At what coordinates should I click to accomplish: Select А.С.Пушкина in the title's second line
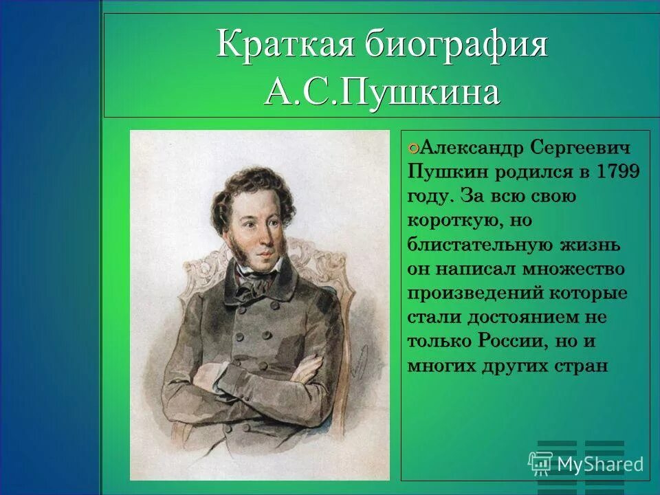coord(382,92)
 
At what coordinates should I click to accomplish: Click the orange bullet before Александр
coord(412,147)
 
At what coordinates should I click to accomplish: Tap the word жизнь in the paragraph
coord(597,245)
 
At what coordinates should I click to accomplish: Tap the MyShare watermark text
coord(600,464)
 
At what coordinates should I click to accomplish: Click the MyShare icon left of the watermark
coord(540,463)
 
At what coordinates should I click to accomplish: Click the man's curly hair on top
coord(258,182)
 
